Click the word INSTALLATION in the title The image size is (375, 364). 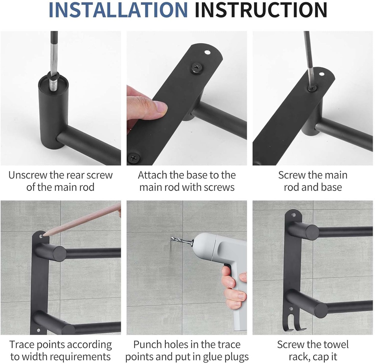pyautogui.click(x=118, y=10)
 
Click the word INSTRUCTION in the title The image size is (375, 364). pyautogui.click(x=261, y=10)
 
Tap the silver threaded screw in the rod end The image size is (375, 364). pyautogui.click(x=53, y=84)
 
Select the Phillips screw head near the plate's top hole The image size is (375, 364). pyautogui.click(x=197, y=68)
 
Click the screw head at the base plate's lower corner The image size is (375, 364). pyautogui.click(x=133, y=158)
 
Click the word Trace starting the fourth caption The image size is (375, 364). pyautogui.click(x=22, y=345)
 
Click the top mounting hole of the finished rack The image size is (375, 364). pyautogui.click(x=293, y=215)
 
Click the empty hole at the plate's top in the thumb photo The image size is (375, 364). pyautogui.click(x=207, y=52)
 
